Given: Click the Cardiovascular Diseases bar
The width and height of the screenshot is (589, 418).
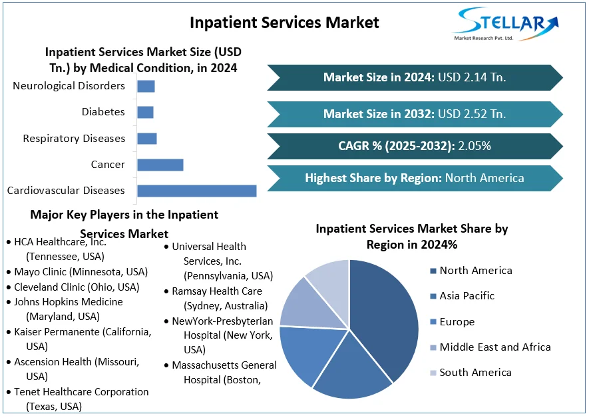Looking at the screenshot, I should pyautogui.click(x=196, y=191).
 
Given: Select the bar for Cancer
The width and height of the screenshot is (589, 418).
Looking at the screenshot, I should pyautogui.click(x=160, y=165).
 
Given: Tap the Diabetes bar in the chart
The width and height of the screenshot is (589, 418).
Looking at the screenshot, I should pyautogui.click(x=145, y=112).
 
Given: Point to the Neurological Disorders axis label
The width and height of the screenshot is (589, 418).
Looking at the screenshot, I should pyautogui.click(x=69, y=86).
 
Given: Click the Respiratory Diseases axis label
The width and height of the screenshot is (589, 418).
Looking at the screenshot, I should pyautogui.click(x=74, y=139).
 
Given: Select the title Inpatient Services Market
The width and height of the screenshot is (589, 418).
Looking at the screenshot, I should pyautogui.click(x=284, y=22).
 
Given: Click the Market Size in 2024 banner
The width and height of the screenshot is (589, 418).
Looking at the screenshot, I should pyautogui.click(x=415, y=77).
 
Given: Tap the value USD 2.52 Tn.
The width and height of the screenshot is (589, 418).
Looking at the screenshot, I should pyautogui.click(x=471, y=114).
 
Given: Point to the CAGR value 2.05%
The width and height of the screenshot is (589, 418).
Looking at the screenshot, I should pyautogui.click(x=475, y=146).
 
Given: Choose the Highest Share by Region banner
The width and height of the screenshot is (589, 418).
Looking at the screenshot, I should pyautogui.click(x=415, y=178).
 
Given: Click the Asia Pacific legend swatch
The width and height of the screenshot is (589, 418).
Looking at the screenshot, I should pyautogui.click(x=433, y=296).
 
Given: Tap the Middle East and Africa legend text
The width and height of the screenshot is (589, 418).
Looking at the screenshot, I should pyautogui.click(x=495, y=347).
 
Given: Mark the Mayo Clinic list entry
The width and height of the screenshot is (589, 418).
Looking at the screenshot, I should pyautogui.click(x=81, y=272).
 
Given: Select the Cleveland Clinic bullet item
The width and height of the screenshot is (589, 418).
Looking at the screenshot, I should pyautogui.click(x=77, y=287).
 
